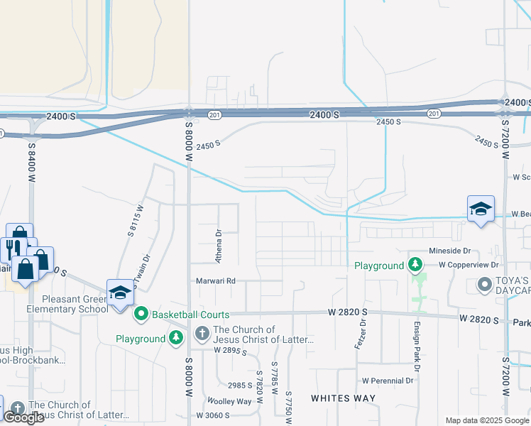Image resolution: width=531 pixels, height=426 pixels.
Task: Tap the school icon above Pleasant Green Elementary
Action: [120, 293]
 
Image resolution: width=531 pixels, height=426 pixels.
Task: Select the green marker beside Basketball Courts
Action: [141, 313]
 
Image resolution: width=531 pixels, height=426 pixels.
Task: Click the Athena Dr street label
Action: [219, 242]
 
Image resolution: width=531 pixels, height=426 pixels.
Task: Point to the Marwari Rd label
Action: [216, 281]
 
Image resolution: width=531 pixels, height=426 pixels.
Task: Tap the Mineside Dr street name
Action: [449, 251]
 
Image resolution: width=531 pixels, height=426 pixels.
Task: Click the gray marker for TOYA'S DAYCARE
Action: [485, 285]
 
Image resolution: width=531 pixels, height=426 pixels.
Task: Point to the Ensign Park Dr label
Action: [417, 346]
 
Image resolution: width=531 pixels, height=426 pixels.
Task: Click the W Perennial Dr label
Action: [387, 381]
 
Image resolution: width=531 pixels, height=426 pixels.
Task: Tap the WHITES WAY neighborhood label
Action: [343, 398]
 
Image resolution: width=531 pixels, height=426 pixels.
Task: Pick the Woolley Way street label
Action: [229, 401]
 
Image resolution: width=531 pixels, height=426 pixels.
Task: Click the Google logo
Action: [23, 418]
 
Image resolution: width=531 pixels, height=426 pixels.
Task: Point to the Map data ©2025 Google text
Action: [486, 420]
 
